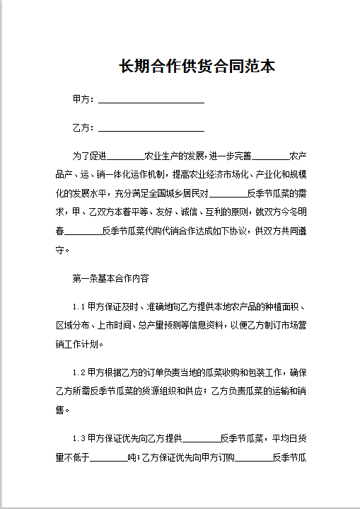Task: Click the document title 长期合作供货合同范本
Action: coord(197,67)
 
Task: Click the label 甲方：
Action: coord(84,99)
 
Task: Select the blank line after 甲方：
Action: coord(151,101)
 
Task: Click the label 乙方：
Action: coord(84,128)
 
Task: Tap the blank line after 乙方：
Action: coord(151,130)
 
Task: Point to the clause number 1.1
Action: coord(79,307)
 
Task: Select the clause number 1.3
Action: coord(79,437)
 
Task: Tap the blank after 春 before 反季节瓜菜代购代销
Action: coord(83,232)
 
